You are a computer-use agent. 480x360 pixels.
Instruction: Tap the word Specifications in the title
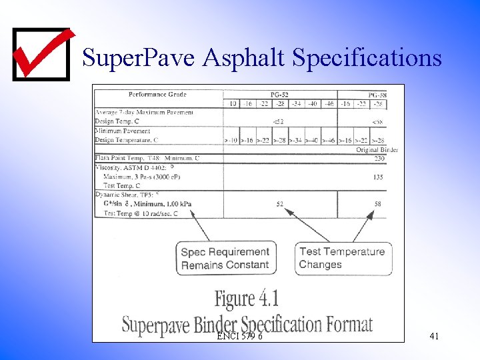367,58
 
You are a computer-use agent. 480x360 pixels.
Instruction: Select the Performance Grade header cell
157,94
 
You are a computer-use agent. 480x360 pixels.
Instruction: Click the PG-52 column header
279,94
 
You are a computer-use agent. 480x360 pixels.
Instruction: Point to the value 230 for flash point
379,158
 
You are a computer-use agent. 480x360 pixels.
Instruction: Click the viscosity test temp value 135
378,177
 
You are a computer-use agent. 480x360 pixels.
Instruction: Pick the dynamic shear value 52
279,204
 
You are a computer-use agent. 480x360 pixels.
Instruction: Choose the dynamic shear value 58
378,204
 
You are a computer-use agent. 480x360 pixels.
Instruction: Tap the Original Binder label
377,150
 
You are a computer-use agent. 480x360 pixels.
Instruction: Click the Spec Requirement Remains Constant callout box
225,259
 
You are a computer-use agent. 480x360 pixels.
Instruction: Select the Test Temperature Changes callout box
342,258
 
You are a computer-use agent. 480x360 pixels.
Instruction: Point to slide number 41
434,337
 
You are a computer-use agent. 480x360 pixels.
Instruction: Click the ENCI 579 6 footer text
239,337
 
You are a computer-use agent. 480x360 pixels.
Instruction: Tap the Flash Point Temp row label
147,158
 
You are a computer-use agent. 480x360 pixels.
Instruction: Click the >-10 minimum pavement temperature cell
231,141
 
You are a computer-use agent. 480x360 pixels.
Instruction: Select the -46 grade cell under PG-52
329,103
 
